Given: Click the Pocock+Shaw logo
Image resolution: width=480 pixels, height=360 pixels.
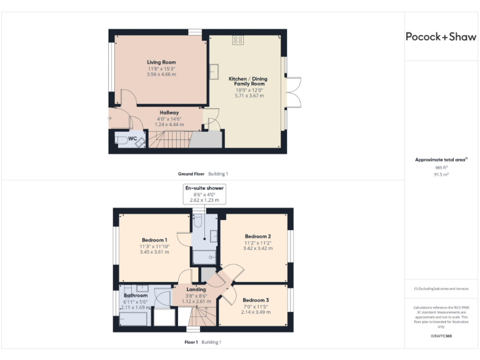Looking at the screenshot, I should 441,37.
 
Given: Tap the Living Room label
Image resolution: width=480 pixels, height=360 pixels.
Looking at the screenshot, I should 161,62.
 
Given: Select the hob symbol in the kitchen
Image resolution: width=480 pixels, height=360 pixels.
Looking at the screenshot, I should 238,41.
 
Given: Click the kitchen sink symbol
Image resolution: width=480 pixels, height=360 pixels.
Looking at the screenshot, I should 213,72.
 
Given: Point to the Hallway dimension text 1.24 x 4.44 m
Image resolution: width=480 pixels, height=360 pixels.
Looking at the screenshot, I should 169,124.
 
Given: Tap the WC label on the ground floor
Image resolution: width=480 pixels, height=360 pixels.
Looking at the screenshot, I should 132,139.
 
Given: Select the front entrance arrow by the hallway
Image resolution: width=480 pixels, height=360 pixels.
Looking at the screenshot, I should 110,117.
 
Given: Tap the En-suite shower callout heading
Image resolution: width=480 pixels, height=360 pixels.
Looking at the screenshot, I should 204,187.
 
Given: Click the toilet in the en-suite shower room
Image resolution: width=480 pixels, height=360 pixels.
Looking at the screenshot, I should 197,222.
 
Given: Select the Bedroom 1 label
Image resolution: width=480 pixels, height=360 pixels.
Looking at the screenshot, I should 154,240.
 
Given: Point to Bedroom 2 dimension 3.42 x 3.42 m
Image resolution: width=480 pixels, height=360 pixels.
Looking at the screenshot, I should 256,248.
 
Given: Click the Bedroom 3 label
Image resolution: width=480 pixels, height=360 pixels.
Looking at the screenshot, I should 256,300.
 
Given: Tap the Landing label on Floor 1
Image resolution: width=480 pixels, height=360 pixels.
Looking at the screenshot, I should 196,289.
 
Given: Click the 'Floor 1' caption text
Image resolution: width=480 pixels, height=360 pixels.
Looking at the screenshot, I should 191,342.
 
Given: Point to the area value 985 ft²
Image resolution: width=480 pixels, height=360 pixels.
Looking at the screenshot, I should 441,168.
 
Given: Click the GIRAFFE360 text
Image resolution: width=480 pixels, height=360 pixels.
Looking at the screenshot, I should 441,336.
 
